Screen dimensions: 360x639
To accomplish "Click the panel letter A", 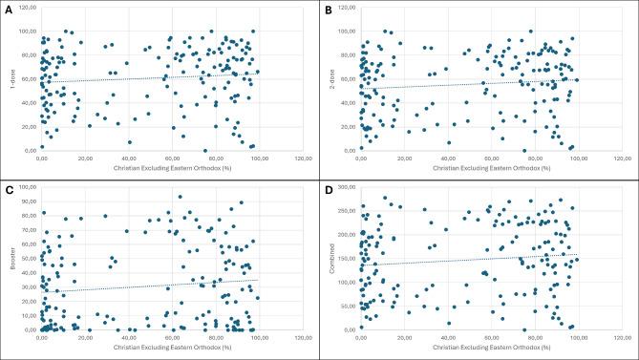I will pos(9,9).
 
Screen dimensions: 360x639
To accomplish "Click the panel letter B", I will pos(328,9).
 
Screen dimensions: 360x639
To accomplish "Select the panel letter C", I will pos(9,189).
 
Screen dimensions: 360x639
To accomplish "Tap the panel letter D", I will pos(328,189).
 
